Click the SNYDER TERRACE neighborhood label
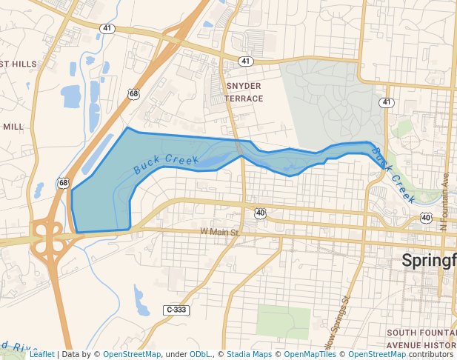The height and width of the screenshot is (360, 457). pyautogui.click(x=243, y=92)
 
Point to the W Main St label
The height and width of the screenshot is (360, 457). pyautogui.click(x=220, y=233)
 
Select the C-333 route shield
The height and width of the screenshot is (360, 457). pyautogui.click(x=176, y=310)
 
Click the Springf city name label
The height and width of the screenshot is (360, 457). pyautogui.click(x=429, y=260)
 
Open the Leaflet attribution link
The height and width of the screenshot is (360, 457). pyautogui.click(x=41, y=354)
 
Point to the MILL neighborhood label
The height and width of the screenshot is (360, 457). pyautogui.click(x=13, y=127)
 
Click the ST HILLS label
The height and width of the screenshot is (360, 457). pyautogui.click(x=19, y=64)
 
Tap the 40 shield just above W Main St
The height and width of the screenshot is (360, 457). pyautogui.click(x=260, y=213)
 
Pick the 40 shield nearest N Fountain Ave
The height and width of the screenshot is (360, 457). pyautogui.click(x=425, y=218)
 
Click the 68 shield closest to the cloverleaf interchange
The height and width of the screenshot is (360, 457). pyautogui.click(x=63, y=183)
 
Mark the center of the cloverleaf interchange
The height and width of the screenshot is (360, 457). pyautogui.click(x=47, y=237)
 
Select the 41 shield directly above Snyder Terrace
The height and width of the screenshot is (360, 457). pyautogui.click(x=245, y=60)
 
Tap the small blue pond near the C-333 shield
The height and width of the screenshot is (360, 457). pyautogui.click(x=140, y=299)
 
